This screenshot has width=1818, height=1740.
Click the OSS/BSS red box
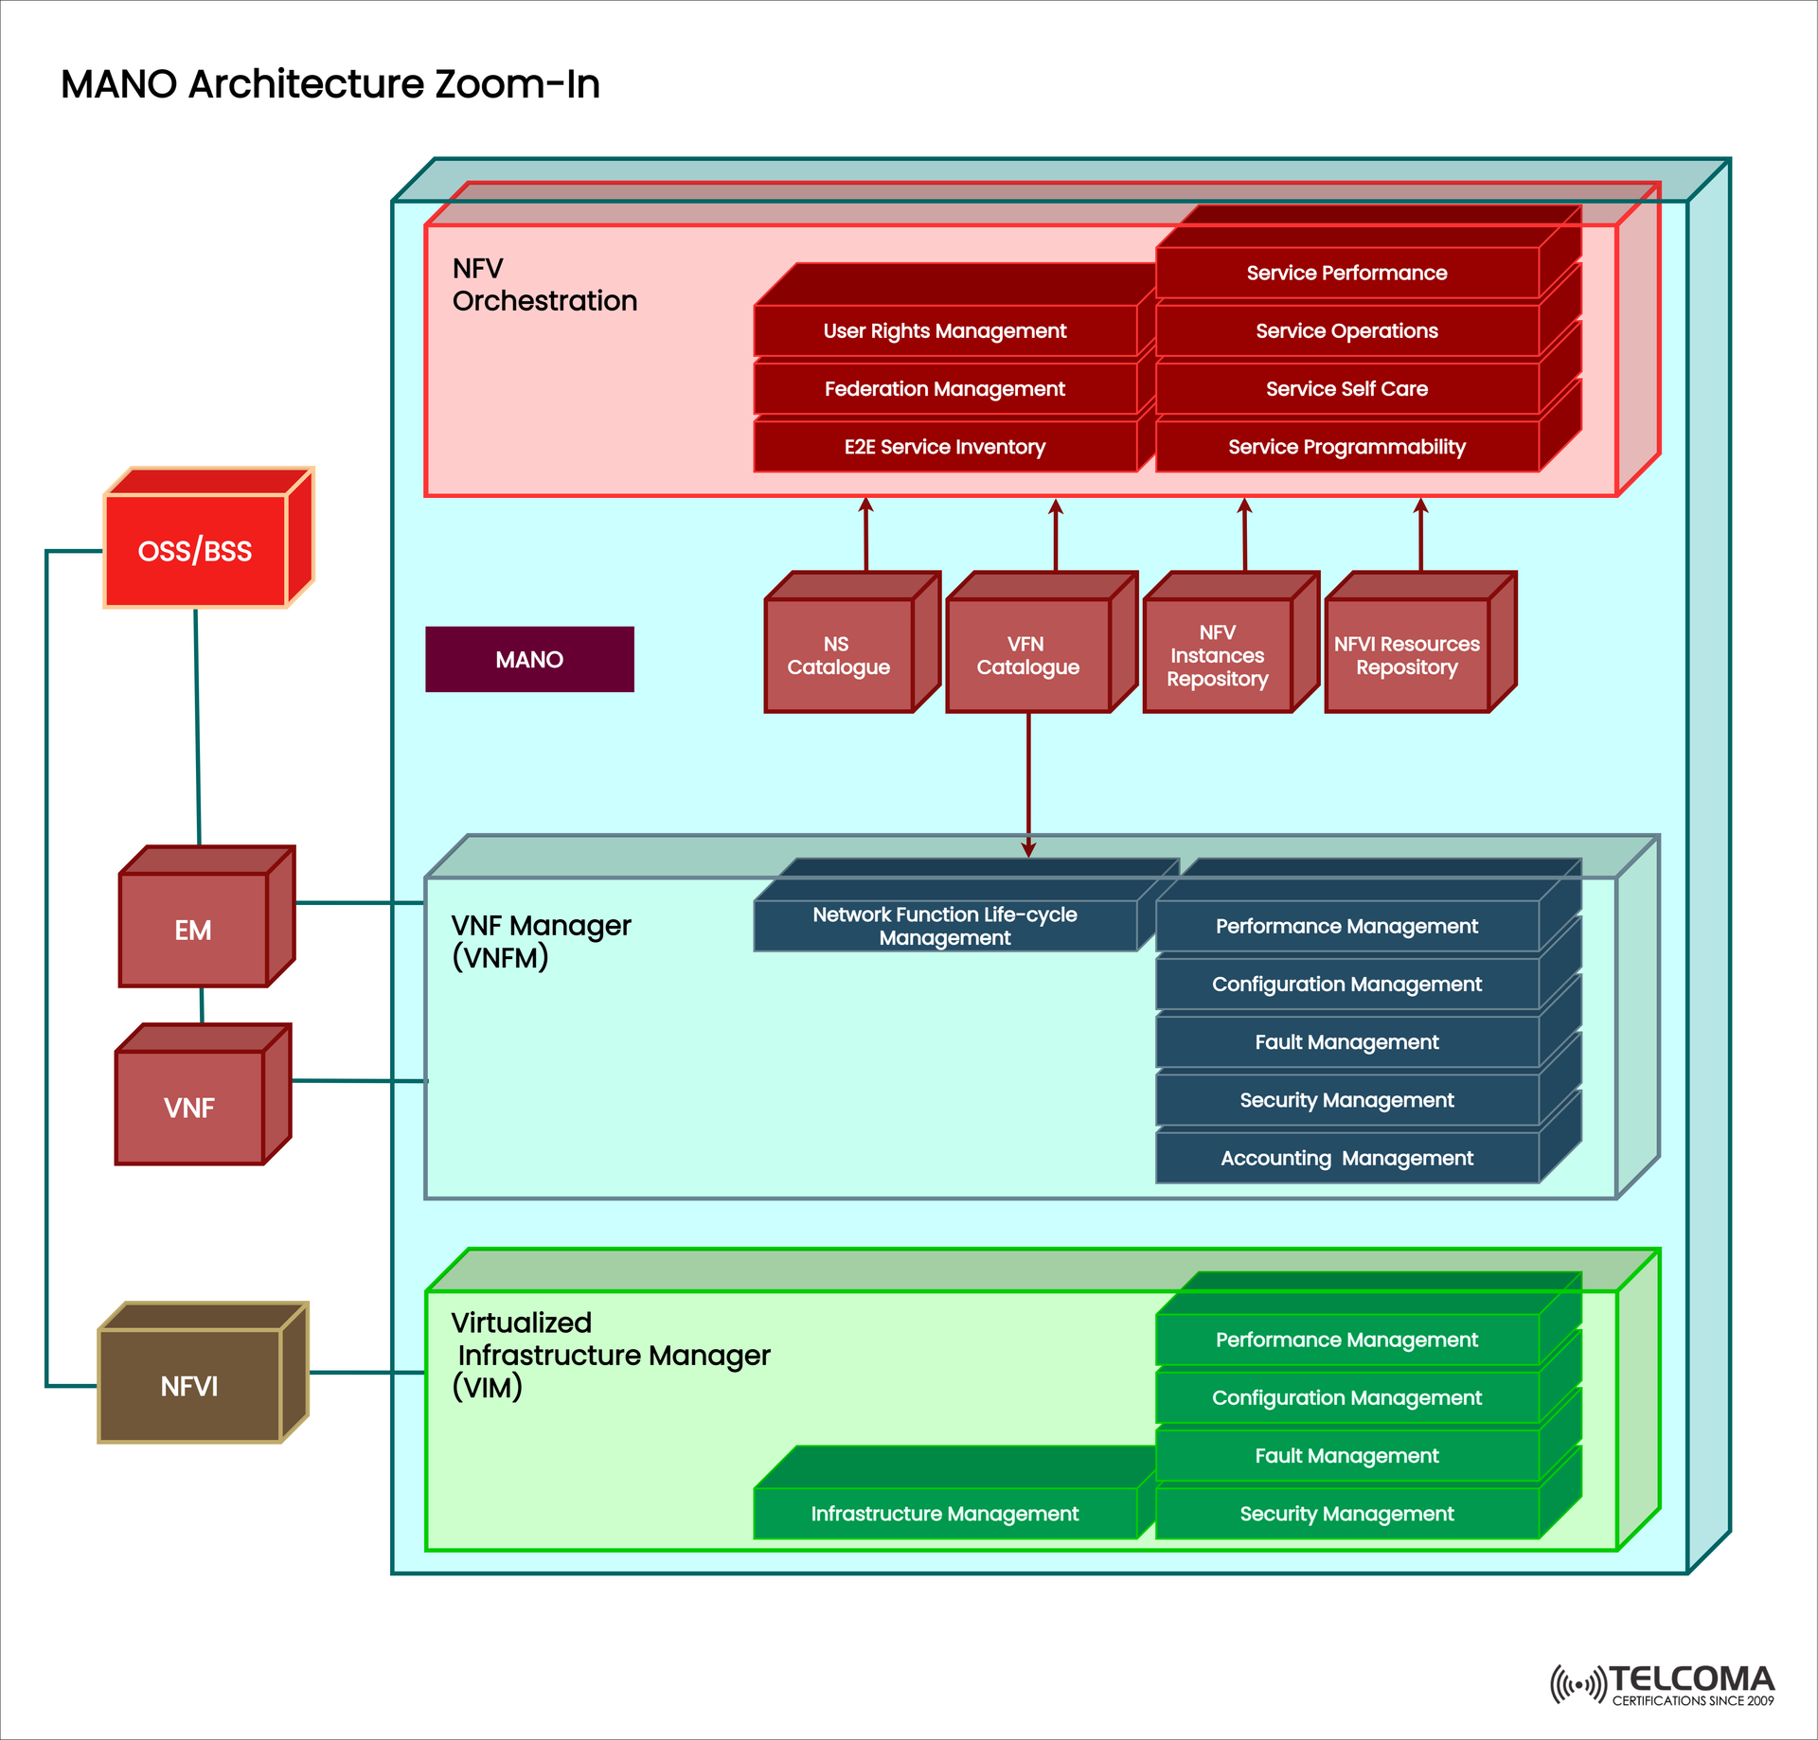pos(195,550)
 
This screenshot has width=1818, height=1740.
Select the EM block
pos(193,930)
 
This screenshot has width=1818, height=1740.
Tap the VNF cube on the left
pos(189,1107)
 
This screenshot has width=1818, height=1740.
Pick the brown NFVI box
pos(189,1386)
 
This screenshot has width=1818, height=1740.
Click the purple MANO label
pos(529,660)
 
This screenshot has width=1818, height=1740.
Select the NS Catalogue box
pos(838,655)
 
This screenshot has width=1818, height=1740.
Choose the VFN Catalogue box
pos(1027,655)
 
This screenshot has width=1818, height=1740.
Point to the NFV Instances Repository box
pos(1217,655)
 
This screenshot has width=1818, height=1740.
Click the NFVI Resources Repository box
pos(1406,655)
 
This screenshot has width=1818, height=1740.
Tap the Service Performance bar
pos(1346,274)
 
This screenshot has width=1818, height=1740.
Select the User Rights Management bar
pos(944,331)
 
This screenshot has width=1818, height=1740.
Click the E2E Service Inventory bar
pos(944,447)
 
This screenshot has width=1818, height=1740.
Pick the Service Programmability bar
pos(1346,447)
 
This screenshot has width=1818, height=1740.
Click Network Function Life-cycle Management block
pos(944,926)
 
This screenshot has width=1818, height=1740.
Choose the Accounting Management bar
pos(1346,1158)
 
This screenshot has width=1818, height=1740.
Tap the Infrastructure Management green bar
pos(944,1514)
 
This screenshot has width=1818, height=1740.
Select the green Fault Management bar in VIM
pos(1346,1456)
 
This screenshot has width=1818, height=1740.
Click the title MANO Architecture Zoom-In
pos(330,84)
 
